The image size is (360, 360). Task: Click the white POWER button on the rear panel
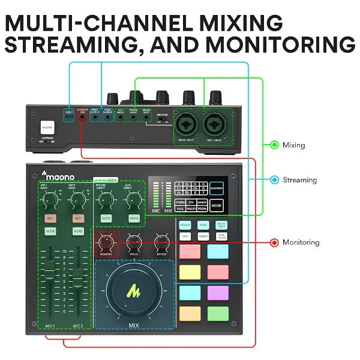[47, 127]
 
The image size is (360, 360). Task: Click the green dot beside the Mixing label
[274, 145]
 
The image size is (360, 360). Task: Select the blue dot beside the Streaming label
[274, 179]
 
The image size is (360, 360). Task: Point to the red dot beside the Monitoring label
[274, 242]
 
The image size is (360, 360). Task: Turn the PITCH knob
[134, 242]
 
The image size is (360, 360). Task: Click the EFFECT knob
[161, 242]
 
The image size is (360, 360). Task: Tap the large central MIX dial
[134, 292]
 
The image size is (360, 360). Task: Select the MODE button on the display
[217, 206]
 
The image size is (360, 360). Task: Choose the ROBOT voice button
[203, 236]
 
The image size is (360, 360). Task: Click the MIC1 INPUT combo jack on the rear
[215, 124]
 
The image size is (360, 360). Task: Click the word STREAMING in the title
[80, 45]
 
